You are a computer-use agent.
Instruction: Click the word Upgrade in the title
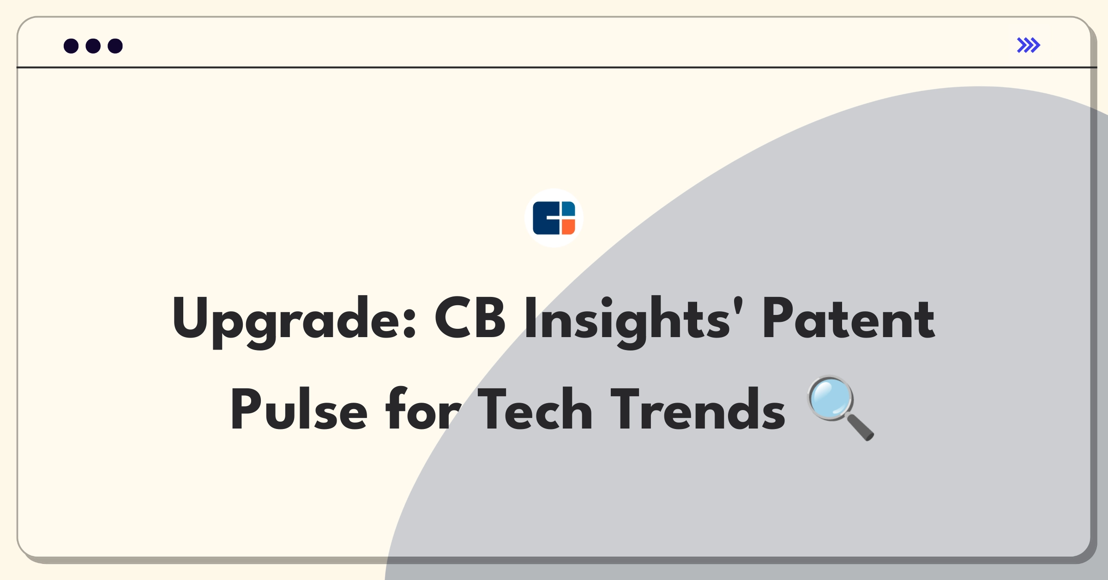click(295, 321)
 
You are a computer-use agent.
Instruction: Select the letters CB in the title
click(470, 318)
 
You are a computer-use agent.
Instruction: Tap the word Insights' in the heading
click(633, 321)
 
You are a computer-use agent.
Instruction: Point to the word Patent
click(849, 318)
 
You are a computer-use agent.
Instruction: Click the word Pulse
click(299, 409)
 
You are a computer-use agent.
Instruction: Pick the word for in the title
click(423, 408)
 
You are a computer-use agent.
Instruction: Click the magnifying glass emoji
click(841, 408)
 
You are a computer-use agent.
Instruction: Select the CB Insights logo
click(554, 218)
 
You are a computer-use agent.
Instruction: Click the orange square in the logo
click(568, 227)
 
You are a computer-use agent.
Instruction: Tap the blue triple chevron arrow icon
click(1029, 45)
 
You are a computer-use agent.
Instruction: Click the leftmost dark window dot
click(71, 46)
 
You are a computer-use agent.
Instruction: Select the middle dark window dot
click(93, 46)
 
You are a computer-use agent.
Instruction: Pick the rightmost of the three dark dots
click(115, 46)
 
